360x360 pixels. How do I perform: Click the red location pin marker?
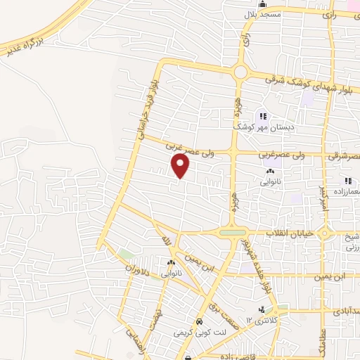(x=181, y=166)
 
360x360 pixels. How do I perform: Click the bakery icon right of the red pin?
(x=270, y=171)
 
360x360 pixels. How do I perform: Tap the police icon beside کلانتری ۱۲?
(x=262, y=309)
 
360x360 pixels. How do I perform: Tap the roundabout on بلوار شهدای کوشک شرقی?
(x=241, y=72)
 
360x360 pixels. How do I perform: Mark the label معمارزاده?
(x=338, y=181)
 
